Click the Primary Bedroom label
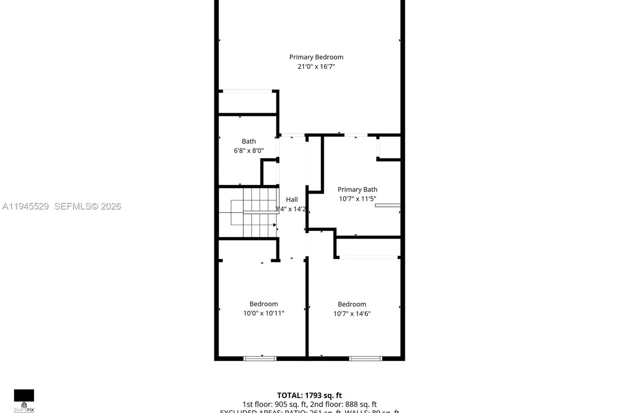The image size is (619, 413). [x=316, y=57]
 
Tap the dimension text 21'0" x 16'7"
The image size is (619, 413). [x=316, y=67]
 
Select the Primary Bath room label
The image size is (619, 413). [x=357, y=189]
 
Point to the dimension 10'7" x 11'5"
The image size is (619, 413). [x=357, y=199]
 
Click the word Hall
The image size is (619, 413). [x=292, y=200]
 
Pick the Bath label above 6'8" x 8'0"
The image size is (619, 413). [x=249, y=141]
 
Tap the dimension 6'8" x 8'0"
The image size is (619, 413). [x=249, y=151]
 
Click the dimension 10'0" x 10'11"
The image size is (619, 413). [x=264, y=313]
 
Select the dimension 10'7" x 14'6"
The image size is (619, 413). [x=352, y=313]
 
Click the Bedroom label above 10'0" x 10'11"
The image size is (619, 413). [x=264, y=304]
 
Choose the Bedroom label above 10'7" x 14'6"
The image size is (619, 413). [x=352, y=304]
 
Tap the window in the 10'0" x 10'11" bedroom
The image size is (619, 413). [x=259, y=358]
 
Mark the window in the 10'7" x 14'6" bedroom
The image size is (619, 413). [x=365, y=358]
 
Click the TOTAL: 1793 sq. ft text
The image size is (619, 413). [x=309, y=395]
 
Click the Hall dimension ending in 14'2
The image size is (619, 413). [x=292, y=209]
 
